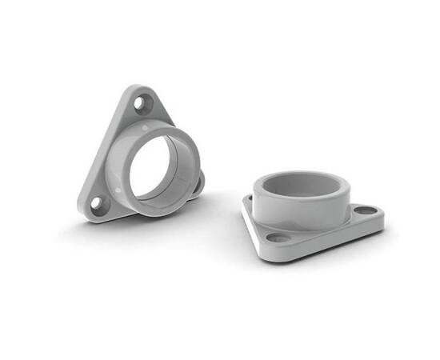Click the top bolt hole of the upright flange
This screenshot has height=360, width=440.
[142, 102]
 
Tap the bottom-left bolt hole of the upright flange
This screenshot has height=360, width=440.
[97, 203]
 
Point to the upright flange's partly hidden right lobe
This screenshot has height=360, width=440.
[198, 184]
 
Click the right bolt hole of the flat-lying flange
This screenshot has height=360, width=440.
[365, 210]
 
